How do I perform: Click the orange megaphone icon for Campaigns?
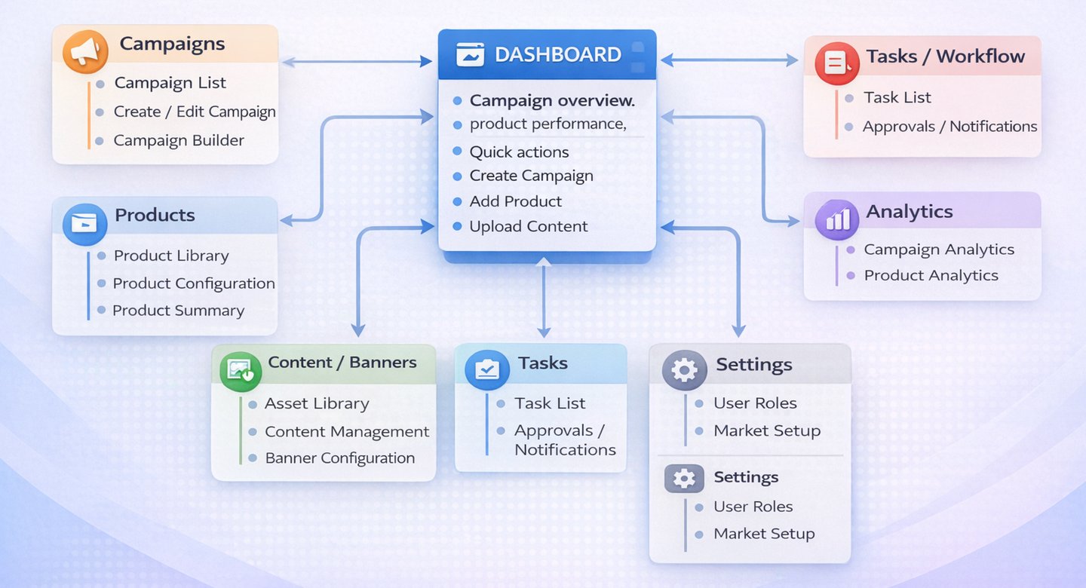(84, 51)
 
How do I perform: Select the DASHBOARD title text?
(557, 55)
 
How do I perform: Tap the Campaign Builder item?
(179, 141)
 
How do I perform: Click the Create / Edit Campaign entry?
(194, 112)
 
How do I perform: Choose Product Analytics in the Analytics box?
(931, 276)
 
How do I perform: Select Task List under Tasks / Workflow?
(897, 98)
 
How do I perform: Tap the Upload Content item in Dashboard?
(528, 227)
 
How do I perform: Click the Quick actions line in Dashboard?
(519, 152)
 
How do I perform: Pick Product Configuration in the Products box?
(193, 284)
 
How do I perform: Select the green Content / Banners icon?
(241, 370)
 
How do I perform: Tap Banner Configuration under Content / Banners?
(339, 458)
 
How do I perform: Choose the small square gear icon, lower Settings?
(683, 479)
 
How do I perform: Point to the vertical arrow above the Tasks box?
(544, 298)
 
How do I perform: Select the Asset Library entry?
(317, 404)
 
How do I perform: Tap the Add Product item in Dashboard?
(515, 202)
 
